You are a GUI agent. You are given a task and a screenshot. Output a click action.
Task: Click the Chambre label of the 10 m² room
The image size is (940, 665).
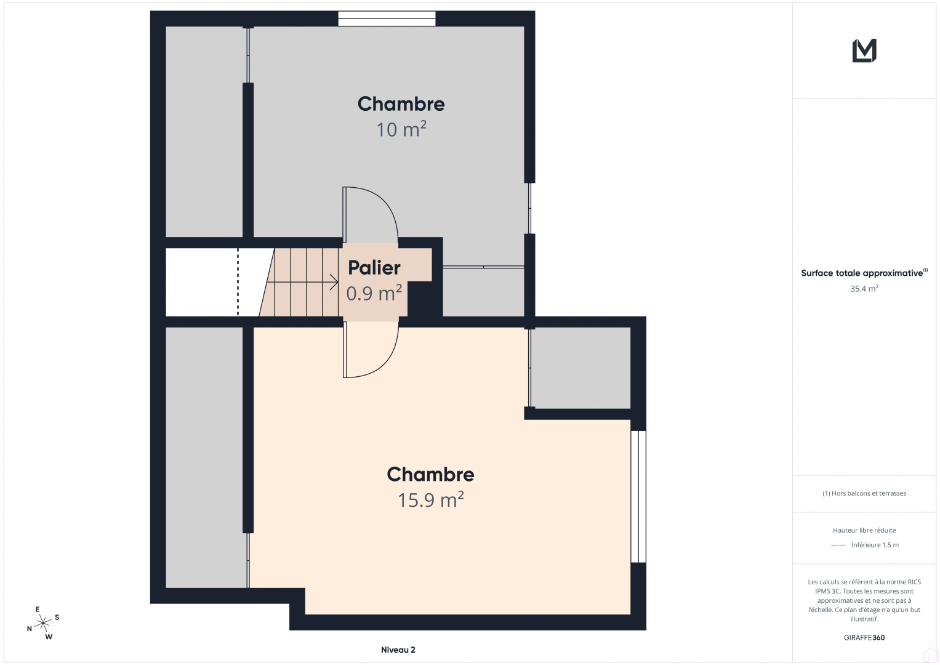[x=401, y=104]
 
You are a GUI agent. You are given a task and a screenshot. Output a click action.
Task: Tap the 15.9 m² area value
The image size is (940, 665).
[x=430, y=500]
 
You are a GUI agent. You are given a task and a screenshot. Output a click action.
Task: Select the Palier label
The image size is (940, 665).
[x=374, y=268]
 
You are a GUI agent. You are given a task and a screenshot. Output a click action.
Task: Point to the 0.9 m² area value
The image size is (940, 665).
[x=374, y=293]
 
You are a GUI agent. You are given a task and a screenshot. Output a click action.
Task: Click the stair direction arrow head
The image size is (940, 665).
[x=335, y=283]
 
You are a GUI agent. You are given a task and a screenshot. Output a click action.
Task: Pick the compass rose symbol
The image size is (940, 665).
[x=42, y=623]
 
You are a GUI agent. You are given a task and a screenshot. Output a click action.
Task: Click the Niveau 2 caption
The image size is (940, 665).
[x=398, y=650]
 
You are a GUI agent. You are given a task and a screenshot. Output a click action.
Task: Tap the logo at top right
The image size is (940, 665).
[x=864, y=50]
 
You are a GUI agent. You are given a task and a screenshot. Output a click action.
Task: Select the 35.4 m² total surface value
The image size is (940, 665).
[x=864, y=288]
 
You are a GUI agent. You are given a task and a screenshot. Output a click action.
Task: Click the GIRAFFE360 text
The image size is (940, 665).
[x=864, y=637]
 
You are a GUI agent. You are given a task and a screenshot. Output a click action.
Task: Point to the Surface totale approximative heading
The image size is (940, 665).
[x=862, y=273]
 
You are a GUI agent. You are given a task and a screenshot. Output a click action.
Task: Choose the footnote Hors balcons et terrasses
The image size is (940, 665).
[x=864, y=493]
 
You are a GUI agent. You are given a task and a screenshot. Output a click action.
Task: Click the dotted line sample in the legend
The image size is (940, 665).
[x=838, y=545]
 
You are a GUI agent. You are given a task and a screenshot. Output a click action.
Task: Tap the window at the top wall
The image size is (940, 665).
[x=387, y=18]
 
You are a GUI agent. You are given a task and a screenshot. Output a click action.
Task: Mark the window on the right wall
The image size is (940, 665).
[x=638, y=496]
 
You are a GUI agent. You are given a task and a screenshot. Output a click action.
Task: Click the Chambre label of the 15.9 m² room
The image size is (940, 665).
[x=430, y=474]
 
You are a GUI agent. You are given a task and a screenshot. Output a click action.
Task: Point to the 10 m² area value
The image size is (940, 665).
[x=401, y=129]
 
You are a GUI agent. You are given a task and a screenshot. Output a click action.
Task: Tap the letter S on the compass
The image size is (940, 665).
[x=57, y=617]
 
